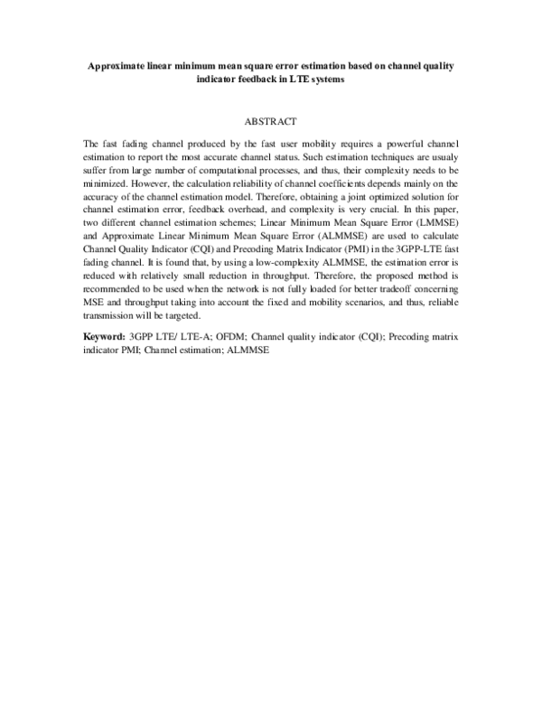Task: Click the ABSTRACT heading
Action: [271, 119]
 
